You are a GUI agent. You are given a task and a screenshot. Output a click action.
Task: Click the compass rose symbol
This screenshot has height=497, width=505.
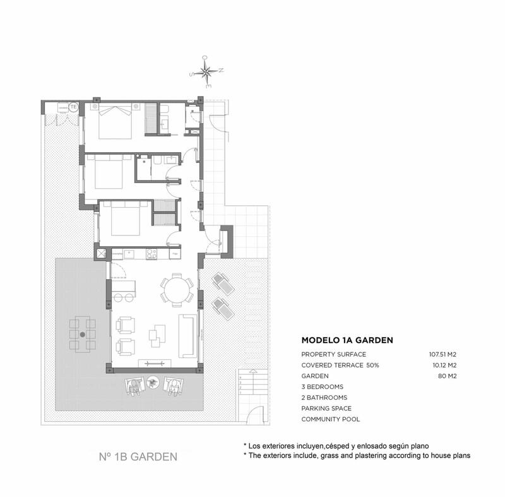click(206, 71)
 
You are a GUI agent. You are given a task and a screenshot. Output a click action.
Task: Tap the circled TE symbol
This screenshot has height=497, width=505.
click(73, 107)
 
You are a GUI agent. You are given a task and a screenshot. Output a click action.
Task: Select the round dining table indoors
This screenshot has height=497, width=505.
click(177, 291)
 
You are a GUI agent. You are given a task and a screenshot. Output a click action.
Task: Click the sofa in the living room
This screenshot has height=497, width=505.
click(187, 334)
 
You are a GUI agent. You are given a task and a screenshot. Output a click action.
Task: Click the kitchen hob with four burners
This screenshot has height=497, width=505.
click(151, 254)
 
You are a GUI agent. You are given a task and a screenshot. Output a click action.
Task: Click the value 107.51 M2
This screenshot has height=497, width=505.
click(443, 354)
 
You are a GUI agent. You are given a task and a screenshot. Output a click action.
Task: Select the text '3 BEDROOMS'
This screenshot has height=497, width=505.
click(322, 386)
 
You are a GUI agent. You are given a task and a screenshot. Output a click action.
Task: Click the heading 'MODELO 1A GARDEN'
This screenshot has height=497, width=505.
click(347, 340)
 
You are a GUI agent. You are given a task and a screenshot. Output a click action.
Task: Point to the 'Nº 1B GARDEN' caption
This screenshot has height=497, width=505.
click(138, 456)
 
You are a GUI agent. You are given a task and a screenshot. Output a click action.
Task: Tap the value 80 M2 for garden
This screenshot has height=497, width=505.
click(448, 376)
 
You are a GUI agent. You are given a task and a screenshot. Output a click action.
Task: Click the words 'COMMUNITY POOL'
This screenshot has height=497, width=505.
click(331, 419)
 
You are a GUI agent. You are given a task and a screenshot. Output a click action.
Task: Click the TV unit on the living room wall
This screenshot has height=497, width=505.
click(155, 362)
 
